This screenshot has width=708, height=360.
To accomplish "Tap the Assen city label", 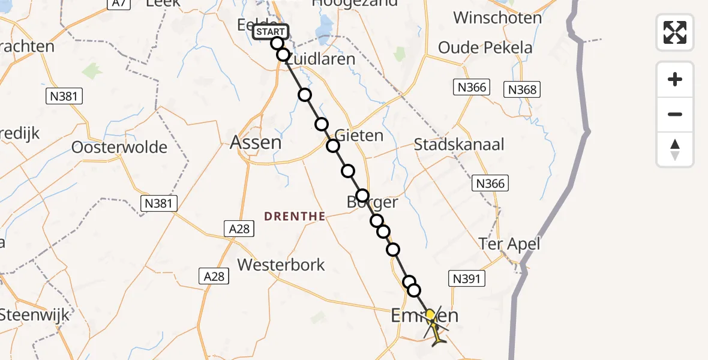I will point(256,142).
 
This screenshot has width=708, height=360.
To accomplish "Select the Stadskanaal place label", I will point(459,144).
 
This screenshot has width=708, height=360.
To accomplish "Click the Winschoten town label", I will point(497,17).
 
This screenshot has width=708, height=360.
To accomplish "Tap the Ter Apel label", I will point(509,244).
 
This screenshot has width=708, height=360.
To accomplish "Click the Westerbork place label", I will point(281,265).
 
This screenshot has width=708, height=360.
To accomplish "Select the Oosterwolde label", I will point(119,147).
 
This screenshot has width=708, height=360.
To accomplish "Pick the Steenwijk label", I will point(34,314).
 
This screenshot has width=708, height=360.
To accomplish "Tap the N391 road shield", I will point(467,278).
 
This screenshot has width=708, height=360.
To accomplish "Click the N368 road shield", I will point(522,90).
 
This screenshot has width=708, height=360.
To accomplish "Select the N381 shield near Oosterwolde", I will point(158,203).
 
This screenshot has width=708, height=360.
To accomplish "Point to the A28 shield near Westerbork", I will point(214,276).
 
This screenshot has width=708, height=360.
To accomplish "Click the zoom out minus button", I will point(675,115).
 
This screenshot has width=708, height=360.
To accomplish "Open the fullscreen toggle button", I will point(675,32).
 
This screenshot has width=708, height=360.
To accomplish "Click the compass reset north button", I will point(675,149).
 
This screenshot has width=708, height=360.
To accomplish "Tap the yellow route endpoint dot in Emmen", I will point(430,314).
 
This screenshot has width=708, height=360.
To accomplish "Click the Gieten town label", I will point(359,135).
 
